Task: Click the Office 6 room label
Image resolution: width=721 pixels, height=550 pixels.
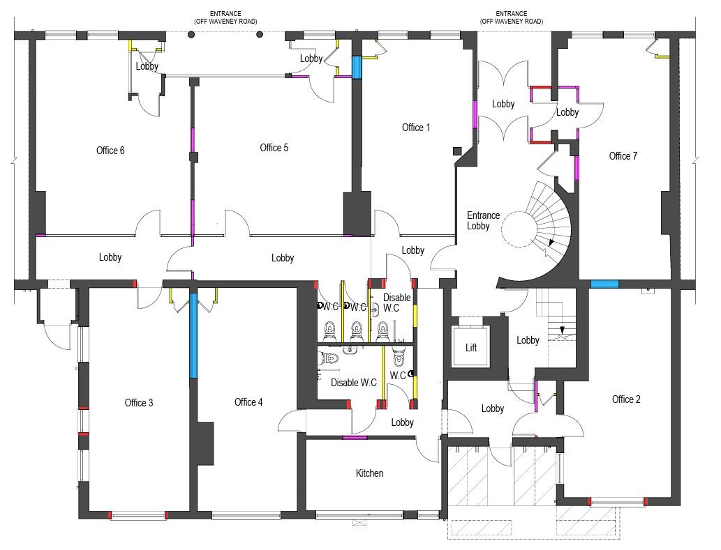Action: pyautogui.click(x=110, y=151)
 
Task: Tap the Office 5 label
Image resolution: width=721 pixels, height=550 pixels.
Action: pyautogui.click(x=274, y=148)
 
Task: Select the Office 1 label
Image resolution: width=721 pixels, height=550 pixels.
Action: pyautogui.click(x=416, y=128)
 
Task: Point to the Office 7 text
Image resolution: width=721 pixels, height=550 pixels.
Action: pyautogui.click(x=623, y=156)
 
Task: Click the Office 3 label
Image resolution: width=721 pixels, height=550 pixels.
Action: pyautogui.click(x=139, y=403)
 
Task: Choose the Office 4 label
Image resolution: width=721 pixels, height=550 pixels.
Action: pyautogui.click(x=248, y=402)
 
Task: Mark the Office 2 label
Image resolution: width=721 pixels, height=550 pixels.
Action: pyautogui.click(x=626, y=399)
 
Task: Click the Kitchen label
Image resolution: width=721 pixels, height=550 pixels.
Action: pyautogui.click(x=369, y=473)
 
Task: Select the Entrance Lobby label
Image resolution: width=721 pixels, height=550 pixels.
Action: pyautogui.click(x=483, y=220)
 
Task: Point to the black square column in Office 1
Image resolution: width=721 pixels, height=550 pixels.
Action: pyautogui.click(x=457, y=151)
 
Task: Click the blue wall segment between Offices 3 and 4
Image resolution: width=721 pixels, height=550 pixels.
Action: pyautogui.click(x=193, y=335)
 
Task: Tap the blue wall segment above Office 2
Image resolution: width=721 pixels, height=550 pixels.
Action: pyautogui.click(x=604, y=284)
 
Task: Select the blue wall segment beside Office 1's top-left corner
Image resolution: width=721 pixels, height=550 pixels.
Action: pyautogui.click(x=357, y=68)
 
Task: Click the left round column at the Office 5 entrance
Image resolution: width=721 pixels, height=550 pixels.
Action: pyautogui.click(x=191, y=34)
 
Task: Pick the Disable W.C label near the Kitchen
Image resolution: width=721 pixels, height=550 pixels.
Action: pyautogui.click(x=354, y=383)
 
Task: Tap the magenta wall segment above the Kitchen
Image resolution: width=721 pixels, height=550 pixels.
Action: pyautogui.click(x=355, y=438)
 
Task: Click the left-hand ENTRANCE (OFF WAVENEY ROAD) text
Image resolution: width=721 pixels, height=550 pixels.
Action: pyautogui.click(x=225, y=17)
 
